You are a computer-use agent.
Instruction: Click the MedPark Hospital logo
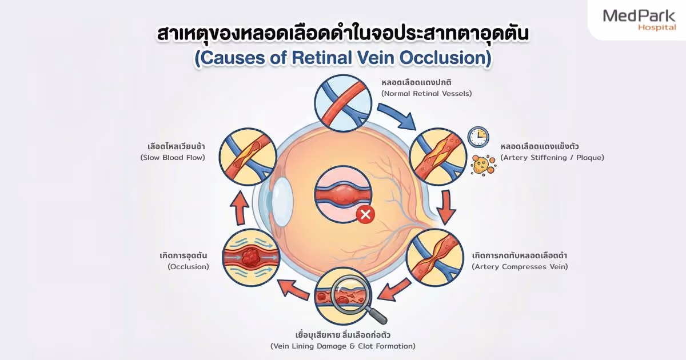click(x=639, y=20)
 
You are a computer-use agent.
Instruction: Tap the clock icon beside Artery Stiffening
click(x=477, y=137)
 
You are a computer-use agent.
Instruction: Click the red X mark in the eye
click(x=365, y=215)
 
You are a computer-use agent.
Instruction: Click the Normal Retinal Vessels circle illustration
click(x=343, y=103)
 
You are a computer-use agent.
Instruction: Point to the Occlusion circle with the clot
click(x=251, y=258)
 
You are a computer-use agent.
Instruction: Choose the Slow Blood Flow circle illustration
click(x=248, y=157)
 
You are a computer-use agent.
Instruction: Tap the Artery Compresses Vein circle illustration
click(x=434, y=258)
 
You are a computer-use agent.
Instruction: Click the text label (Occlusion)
click(x=188, y=266)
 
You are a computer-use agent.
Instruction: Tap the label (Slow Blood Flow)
click(x=172, y=157)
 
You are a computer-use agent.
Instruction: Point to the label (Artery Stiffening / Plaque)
click(x=552, y=157)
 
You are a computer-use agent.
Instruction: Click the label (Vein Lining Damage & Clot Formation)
click(x=342, y=346)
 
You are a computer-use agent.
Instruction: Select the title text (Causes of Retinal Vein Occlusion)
click(x=342, y=59)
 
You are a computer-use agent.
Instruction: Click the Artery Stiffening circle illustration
click(x=438, y=157)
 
